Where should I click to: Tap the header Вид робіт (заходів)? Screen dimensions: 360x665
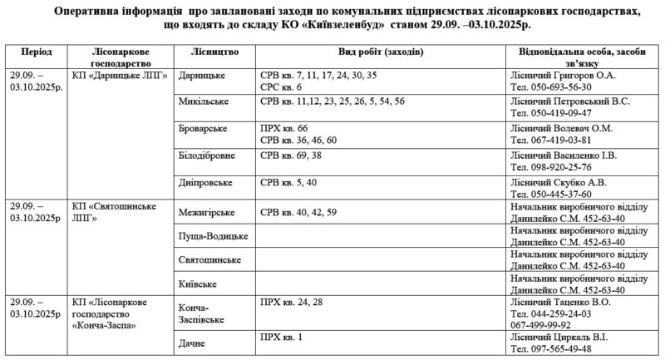pyautogui.click(x=379, y=52)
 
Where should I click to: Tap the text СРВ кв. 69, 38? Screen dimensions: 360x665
pyautogui.click(x=292, y=155)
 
